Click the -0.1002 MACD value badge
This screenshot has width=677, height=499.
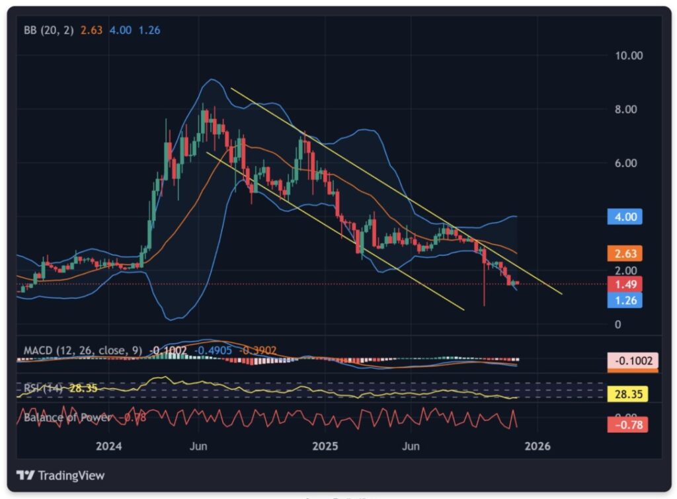point(633,361)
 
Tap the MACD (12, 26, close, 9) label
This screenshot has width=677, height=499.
point(83,350)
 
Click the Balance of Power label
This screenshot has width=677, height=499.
point(66,418)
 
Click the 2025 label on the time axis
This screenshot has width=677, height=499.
point(325,446)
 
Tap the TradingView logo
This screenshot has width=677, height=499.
point(61,476)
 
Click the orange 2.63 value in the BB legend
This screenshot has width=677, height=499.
point(91,30)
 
